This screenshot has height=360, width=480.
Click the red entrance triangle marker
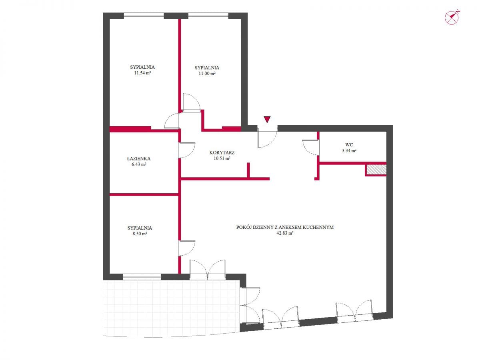[267, 120]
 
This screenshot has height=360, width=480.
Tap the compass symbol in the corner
[452, 17]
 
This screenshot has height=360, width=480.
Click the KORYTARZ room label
[222, 152]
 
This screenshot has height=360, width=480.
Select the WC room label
[349, 144]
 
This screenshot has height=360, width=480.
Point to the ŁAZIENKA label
[139, 158]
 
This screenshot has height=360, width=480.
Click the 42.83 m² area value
[285, 233]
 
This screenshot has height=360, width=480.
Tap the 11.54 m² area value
[142, 73]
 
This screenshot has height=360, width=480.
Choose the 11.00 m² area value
[207, 74]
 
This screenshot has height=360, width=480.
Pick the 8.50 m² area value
[140, 234]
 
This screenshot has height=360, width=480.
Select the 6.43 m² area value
[139, 164]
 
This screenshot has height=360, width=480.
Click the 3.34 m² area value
[349, 150]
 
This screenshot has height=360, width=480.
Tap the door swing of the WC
[310, 148]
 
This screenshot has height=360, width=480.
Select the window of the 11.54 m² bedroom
[144, 16]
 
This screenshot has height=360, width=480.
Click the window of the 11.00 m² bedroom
[208, 16]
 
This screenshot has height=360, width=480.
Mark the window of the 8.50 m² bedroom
[142, 277]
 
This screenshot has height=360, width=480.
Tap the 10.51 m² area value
[222, 158]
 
